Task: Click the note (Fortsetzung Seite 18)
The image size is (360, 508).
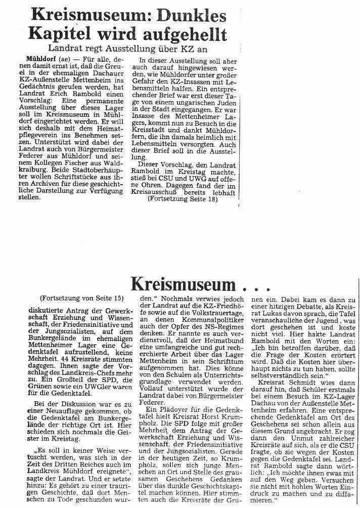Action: pos(184,200)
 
